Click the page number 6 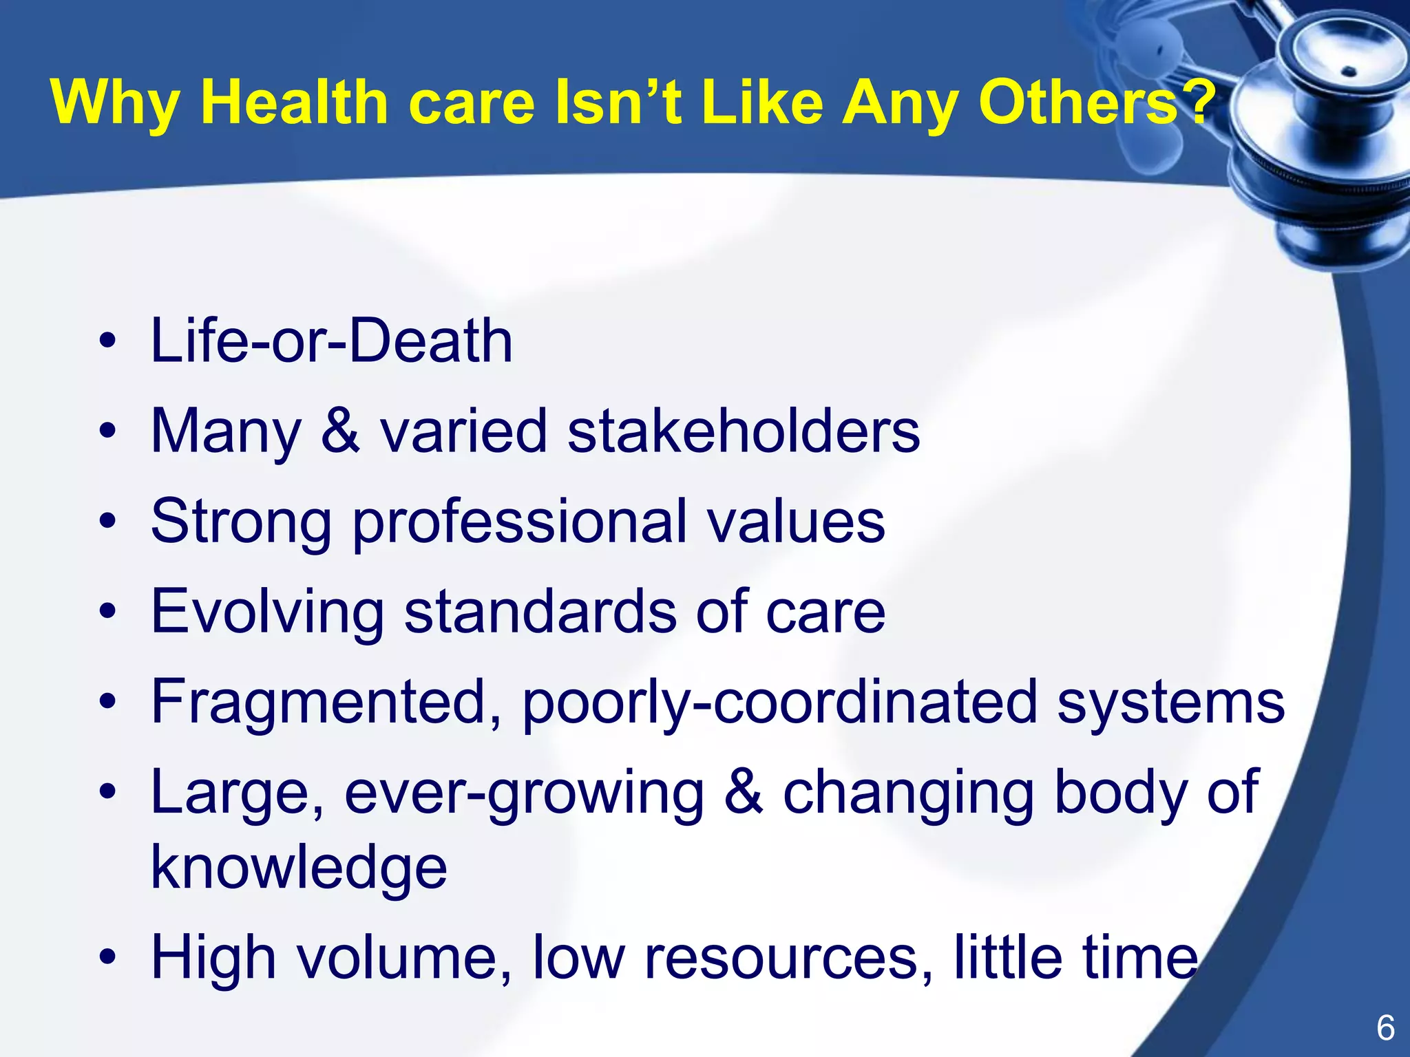[x=1385, y=1028]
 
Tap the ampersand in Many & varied [x=341, y=431]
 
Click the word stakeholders [x=744, y=431]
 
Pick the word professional [x=520, y=522]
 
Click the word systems [x=1170, y=701]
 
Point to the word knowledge [x=299, y=867]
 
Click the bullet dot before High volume [x=107, y=957]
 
